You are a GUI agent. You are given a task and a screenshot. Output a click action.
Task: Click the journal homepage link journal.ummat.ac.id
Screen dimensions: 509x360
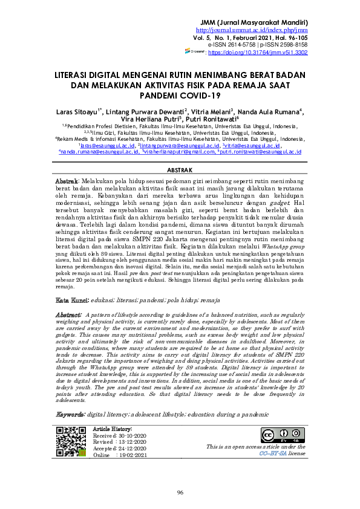[252, 28]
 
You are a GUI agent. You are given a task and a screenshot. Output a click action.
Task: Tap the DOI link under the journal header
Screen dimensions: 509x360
[258, 53]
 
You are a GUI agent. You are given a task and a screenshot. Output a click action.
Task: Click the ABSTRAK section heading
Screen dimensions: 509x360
[179, 171]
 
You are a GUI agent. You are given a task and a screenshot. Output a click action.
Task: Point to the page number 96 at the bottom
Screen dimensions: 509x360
[180, 492]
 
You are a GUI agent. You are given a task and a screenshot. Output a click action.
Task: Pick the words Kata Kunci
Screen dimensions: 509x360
[72, 300]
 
